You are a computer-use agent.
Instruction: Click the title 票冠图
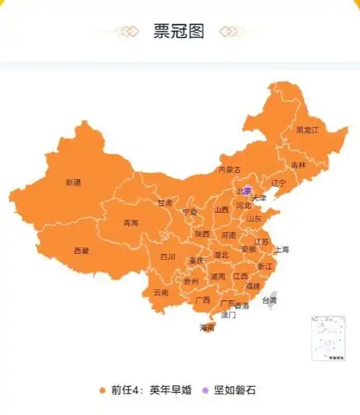point(179,32)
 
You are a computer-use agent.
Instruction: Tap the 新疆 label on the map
point(73,183)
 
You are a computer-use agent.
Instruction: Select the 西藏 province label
point(81,251)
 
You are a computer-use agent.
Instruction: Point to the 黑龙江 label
point(307,130)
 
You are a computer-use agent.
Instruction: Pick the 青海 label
point(130,223)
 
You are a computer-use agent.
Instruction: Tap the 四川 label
point(168,257)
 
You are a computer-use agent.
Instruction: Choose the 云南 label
point(161,293)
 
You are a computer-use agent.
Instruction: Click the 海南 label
point(207,327)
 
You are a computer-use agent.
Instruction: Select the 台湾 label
point(269,300)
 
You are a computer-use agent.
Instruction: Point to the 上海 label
point(281,250)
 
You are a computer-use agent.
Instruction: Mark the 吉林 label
point(298,165)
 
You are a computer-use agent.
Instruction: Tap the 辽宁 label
point(278,183)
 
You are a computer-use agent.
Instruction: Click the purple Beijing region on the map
point(247,189)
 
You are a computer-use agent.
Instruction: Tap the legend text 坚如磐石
point(235,391)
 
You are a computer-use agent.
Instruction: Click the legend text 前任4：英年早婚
point(151,391)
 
